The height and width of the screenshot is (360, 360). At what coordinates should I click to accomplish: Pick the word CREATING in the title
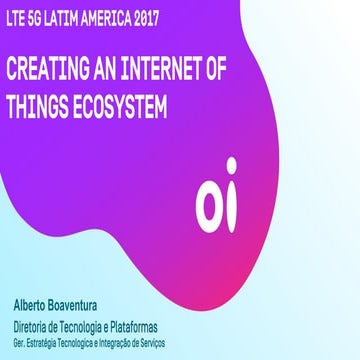[x=49, y=70]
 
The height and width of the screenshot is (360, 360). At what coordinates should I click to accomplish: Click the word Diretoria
[x=35, y=325]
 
